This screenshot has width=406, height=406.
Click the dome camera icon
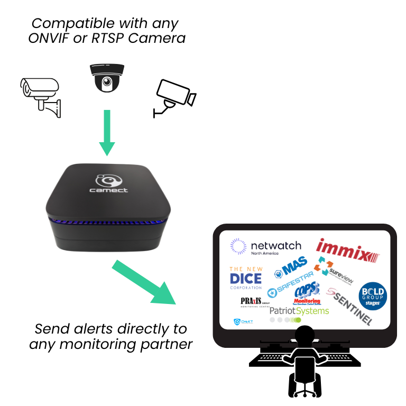click(107, 78)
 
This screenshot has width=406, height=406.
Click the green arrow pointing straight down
click(107, 132)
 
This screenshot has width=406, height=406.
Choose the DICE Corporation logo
click(245, 278)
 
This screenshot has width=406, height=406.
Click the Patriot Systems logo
click(299, 311)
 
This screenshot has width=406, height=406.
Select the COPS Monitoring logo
click(307, 292)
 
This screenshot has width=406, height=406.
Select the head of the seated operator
click(305, 336)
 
